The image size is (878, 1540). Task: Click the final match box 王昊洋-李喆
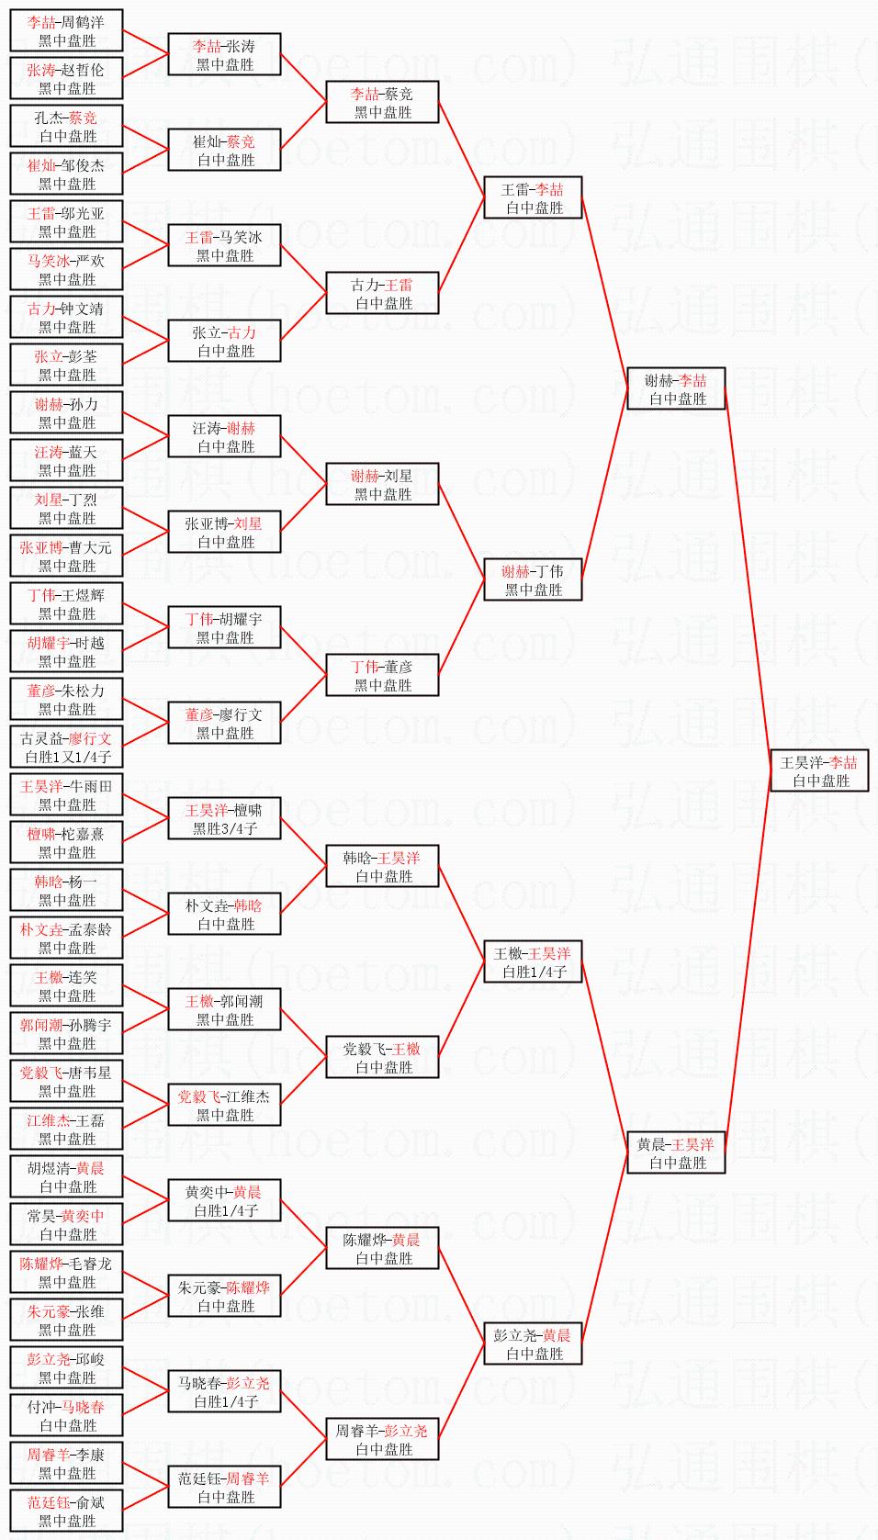[818, 770]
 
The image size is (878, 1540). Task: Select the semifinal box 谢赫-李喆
[675, 388]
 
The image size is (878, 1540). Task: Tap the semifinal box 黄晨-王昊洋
[675, 1152]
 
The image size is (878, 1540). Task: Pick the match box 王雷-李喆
[533, 197]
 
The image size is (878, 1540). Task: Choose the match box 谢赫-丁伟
[533, 579]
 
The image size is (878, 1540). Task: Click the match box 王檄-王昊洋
[533, 961]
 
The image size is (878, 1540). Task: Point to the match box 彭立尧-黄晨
[533, 1343]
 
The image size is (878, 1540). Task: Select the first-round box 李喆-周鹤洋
[66, 30]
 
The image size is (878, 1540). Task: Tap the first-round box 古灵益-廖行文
[66, 747]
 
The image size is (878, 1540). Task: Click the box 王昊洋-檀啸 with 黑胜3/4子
[224, 818]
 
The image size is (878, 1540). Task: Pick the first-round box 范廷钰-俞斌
[66, 1511]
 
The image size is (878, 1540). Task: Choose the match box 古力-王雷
[382, 293]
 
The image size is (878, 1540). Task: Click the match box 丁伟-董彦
[382, 675]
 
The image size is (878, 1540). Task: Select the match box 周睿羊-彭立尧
[382, 1439]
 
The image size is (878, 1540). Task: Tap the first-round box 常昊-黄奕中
[66, 1224]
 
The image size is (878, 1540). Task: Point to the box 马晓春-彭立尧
[224, 1391]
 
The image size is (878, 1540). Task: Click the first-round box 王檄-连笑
[66, 985]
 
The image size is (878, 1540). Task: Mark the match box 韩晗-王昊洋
[382, 866]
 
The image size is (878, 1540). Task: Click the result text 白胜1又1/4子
[67, 758]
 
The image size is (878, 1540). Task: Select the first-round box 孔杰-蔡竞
[66, 126]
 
